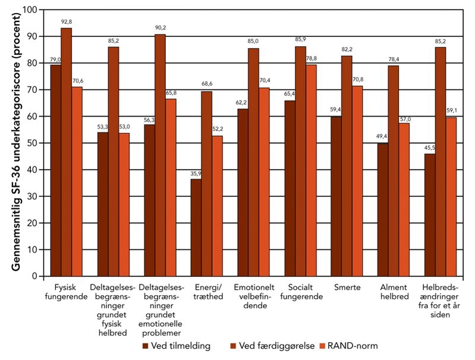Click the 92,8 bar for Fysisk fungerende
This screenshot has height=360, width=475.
pos(67,152)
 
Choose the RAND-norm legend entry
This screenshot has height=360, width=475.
pos(356,346)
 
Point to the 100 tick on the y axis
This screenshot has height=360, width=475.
pos(29,10)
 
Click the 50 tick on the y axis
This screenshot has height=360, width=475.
pos(31,143)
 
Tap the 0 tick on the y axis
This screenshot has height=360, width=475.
pos(34,276)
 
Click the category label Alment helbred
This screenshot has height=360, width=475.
pos(392,291)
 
